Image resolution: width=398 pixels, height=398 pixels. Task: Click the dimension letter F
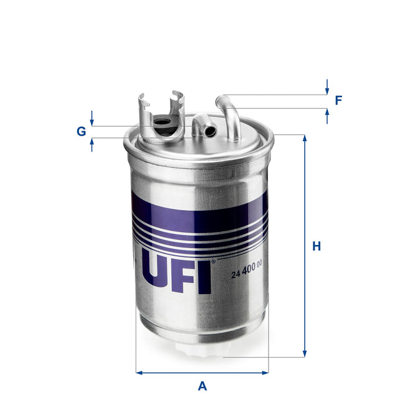(x=338, y=100)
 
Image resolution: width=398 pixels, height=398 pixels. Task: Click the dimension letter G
(x=81, y=131)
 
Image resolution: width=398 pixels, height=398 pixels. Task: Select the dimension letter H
(x=317, y=246)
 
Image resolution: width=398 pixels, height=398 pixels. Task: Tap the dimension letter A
(x=202, y=386)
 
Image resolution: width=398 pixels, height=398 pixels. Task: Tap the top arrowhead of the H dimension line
(x=305, y=138)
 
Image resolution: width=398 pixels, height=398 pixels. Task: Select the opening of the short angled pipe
(x=211, y=131)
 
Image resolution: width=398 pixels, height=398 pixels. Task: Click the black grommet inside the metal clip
(x=164, y=123)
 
